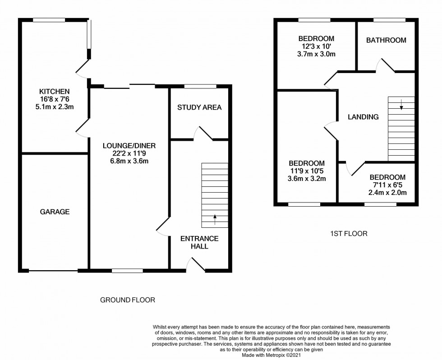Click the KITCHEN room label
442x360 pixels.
[54, 91]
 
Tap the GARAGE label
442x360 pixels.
[55, 212]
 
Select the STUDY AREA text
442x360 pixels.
[199, 107]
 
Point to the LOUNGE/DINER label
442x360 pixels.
[129, 145]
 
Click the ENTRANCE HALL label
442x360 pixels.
[199, 242]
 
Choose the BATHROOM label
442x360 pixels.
[386, 40]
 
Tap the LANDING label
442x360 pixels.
[363, 117]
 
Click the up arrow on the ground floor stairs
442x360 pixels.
[215, 220]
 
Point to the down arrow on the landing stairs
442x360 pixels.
[401, 104]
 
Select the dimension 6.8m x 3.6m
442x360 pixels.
[129, 161]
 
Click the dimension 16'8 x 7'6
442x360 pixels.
[55, 99]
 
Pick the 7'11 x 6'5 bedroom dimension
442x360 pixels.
[387, 185]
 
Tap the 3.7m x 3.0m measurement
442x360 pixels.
[316, 54]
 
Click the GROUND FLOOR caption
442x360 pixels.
[128, 300]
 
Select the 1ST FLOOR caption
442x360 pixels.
[349, 233]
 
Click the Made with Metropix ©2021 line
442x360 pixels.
[271, 355]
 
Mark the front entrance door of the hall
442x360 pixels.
[196, 264]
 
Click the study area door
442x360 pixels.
[203, 133]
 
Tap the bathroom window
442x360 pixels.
[390, 20]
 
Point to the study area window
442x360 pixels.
[200, 86]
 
